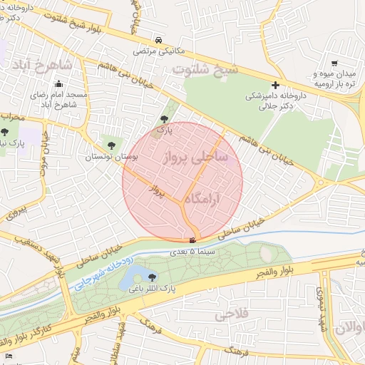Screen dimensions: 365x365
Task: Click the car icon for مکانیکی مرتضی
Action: click(158, 41)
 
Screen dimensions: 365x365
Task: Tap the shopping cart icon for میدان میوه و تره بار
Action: click(334, 63)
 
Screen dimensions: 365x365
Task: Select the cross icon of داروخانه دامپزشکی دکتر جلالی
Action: click(275, 85)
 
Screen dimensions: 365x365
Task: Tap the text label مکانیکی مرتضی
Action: click(157, 51)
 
